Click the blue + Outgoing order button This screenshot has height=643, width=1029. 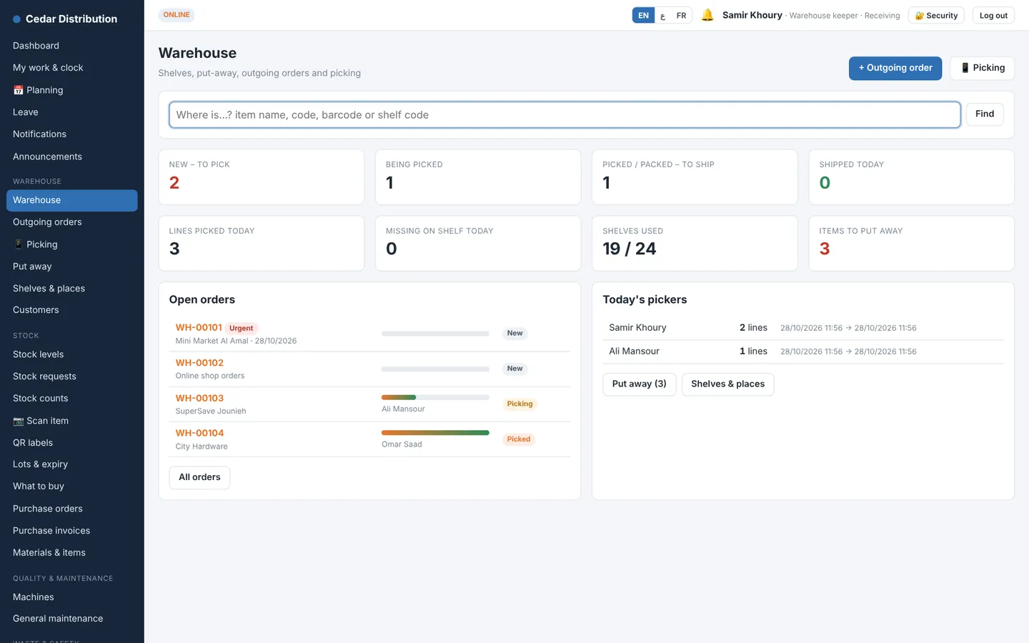pyautogui.click(x=895, y=68)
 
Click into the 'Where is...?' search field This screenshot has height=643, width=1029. pyautogui.click(x=565, y=115)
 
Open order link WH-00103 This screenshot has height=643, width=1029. pyautogui.click(x=199, y=398)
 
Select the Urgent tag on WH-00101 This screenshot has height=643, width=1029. pyautogui.click(x=242, y=328)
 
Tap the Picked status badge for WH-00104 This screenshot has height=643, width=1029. pyautogui.click(x=519, y=439)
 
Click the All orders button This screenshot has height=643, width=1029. pyautogui.click(x=199, y=477)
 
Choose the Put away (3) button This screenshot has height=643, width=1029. pyautogui.click(x=639, y=384)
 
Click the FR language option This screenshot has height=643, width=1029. pyautogui.click(x=681, y=16)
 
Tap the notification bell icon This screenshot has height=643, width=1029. pyautogui.click(x=707, y=15)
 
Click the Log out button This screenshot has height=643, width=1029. pyautogui.click(x=993, y=16)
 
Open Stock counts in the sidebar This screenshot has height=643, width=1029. pyautogui.click(x=41, y=398)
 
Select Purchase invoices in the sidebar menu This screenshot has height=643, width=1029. pyautogui.click(x=51, y=530)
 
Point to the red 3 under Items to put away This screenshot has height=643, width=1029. pyautogui.click(x=824, y=249)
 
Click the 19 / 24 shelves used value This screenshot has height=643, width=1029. pyautogui.click(x=630, y=249)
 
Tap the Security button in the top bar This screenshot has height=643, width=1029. pyautogui.click(x=936, y=16)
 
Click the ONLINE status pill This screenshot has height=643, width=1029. pyautogui.click(x=177, y=15)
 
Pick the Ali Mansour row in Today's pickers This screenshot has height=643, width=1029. pyautogui.click(x=802, y=352)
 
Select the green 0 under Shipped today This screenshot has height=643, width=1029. pyautogui.click(x=825, y=182)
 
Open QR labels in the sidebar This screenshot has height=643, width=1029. pyautogui.click(x=33, y=443)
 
